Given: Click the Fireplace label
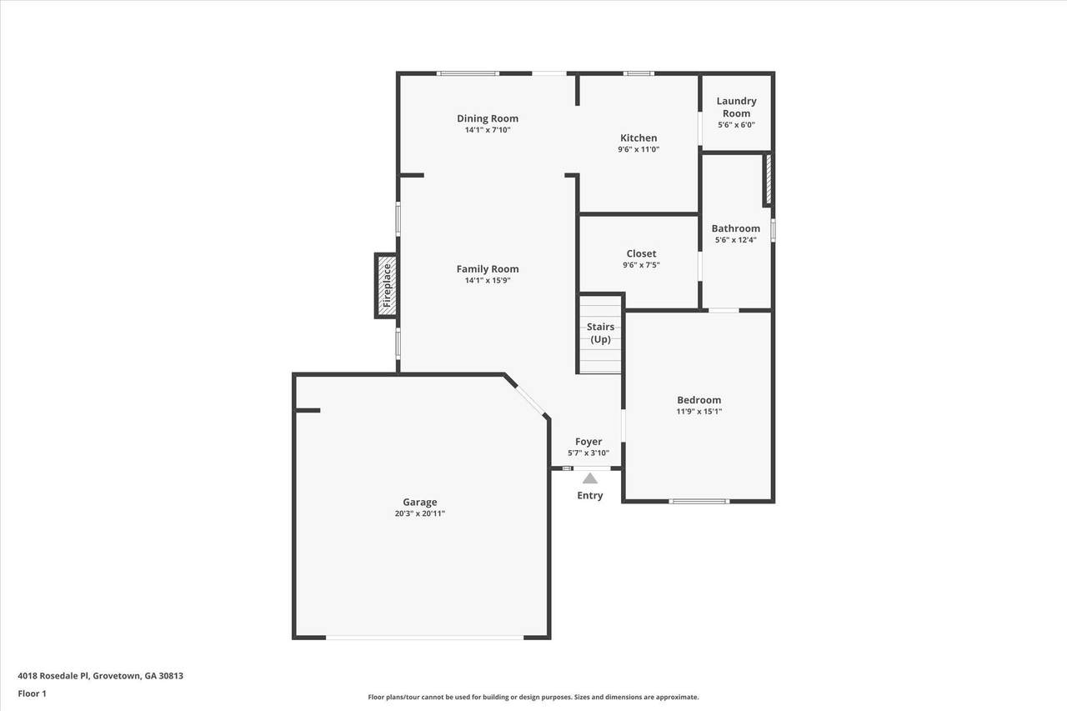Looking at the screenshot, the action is [387, 285].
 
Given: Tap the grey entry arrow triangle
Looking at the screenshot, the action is [589, 478].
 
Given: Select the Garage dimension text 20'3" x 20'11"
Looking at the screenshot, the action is [419, 513].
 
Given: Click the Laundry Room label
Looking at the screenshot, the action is [736, 108].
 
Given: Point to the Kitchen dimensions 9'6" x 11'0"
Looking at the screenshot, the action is [639, 149].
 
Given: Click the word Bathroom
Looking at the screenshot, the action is [735, 228].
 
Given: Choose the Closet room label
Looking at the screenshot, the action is [641, 253].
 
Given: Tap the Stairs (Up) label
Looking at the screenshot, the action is [600, 333].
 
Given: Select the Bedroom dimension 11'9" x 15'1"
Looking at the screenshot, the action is [699, 412].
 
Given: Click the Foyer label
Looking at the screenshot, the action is [589, 442].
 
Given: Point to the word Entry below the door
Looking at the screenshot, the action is [589, 495].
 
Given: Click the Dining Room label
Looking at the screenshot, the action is [488, 118].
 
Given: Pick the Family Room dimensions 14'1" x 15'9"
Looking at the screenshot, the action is [488, 280].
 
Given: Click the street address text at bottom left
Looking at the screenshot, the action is [101, 675].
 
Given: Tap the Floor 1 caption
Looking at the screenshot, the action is [32, 693].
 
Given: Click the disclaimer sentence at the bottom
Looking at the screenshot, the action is [533, 697].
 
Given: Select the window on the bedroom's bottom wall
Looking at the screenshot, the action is [699, 501].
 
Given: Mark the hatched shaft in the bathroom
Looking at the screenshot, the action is [768, 179].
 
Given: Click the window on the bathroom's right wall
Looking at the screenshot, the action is [773, 230].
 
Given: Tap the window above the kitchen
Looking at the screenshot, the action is [639, 73].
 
